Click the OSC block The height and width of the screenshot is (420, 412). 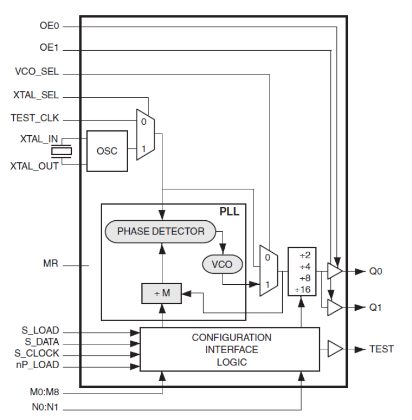[107, 151]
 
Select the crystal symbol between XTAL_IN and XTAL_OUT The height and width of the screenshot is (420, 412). [61, 151]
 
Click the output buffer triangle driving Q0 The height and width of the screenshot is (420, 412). [334, 272]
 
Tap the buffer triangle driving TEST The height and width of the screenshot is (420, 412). [334, 349]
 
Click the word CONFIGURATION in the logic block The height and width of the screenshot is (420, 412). [231, 337]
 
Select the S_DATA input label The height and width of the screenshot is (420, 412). [40, 343]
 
